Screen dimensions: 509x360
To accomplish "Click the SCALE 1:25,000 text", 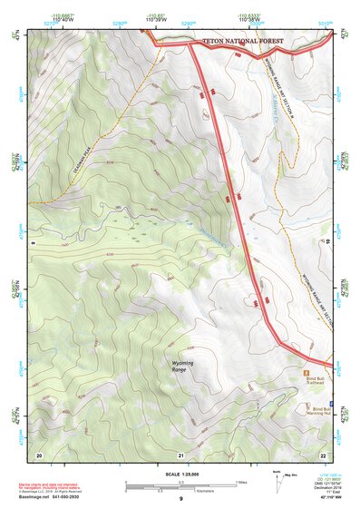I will pyautogui.click(x=180, y=475).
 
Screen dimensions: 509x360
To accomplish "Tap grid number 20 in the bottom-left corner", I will pyautogui.click(x=38, y=454).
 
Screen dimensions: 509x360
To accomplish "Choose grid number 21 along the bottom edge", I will pyautogui.click(x=180, y=454).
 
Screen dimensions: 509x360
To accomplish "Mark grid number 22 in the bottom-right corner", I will pyautogui.click(x=323, y=454).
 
